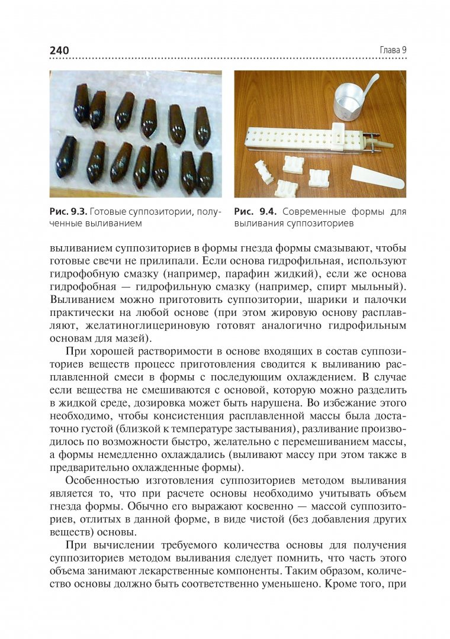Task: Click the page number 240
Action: pos(59,50)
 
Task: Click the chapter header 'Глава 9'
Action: pos(393,50)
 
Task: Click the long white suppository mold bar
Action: pos(302,140)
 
